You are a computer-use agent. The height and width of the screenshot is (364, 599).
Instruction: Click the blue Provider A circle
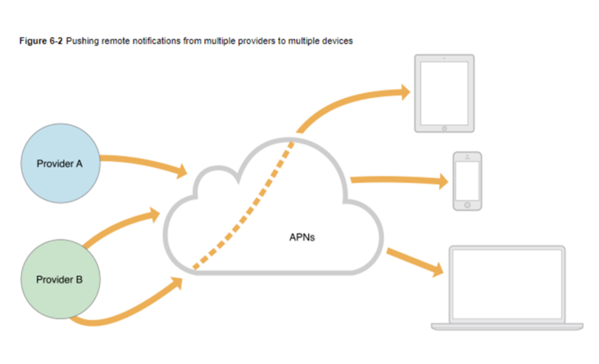point(60,163)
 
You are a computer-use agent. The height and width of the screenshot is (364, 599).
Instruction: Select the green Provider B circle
point(60,279)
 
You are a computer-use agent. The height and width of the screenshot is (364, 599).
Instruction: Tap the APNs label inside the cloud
point(302,237)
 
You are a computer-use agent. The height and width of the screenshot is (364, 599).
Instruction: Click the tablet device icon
point(444,93)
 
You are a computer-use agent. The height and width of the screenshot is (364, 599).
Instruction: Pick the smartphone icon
point(467,181)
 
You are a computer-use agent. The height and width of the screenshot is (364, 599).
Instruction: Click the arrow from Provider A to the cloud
point(141,163)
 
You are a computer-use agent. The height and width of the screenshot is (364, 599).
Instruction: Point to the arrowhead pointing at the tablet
point(404,92)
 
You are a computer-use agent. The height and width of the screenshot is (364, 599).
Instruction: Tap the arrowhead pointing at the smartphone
point(443,181)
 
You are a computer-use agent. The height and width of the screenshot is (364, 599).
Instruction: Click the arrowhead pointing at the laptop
point(437,269)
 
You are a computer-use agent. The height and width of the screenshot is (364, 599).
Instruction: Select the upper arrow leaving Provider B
point(120,226)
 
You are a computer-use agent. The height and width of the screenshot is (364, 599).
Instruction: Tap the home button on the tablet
point(444,129)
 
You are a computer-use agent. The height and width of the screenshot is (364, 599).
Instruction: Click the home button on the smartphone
point(467,205)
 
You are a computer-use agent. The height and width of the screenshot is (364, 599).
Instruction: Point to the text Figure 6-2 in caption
point(41,41)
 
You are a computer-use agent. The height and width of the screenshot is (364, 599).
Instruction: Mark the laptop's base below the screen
point(507,327)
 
